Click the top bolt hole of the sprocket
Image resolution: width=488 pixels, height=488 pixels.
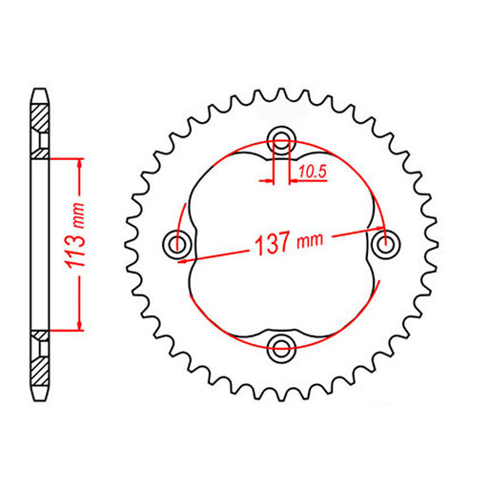pyautogui.click(x=281, y=143)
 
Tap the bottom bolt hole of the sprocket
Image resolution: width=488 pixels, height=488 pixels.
pyautogui.click(x=281, y=349)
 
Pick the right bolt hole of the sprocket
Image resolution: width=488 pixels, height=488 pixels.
pyautogui.click(x=385, y=246)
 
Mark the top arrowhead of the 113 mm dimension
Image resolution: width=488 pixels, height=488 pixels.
pyautogui.click(x=80, y=162)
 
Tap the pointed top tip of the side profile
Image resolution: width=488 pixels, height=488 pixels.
pyautogui.click(x=39, y=91)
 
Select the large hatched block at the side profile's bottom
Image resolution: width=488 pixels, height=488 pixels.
pyautogui.click(x=39, y=368)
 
